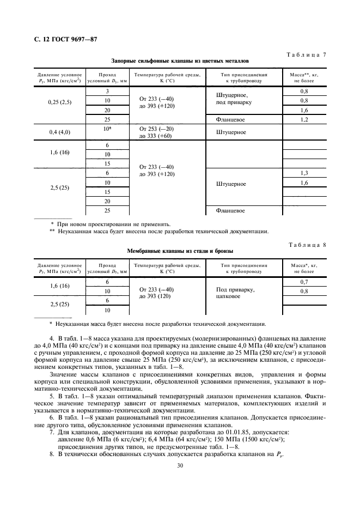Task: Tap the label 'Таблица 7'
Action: tap(306, 55)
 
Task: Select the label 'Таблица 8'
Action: tap(306, 244)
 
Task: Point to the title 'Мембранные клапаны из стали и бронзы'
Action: tap(180, 251)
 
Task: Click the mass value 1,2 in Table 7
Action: tap(304, 119)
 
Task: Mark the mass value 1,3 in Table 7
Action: tap(304, 173)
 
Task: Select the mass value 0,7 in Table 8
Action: tap(304, 282)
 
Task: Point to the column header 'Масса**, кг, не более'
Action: tap(304, 77)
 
